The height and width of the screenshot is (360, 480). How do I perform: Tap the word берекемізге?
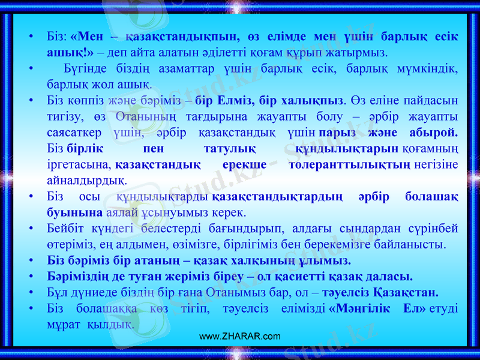pyautogui.click(x=354, y=244)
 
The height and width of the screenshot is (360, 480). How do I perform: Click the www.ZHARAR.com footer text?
pyautogui.click(x=239, y=336)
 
